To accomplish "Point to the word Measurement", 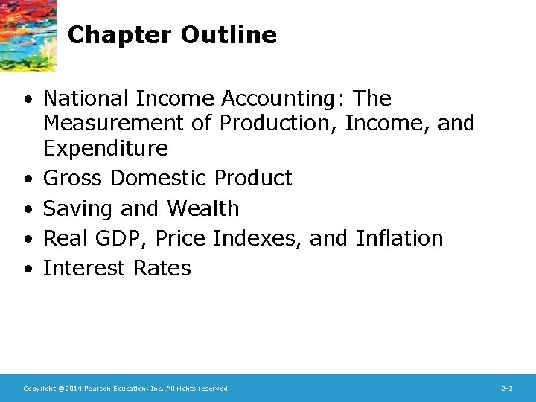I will pyautogui.click(x=118, y=123).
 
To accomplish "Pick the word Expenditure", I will pyautogui.click(x=106, y=148).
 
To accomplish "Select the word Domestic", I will pyautogui.click(x=159, y=179).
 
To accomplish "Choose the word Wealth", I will pyautogui.click(x=202, y=208).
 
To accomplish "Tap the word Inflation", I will pyautogui.click(x=399, y=238).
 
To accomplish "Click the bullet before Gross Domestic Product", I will pyautogui.click(x=27, y=179).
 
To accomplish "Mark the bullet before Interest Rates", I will pyautogui.click(x=27, y=269).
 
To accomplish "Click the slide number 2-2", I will pyautogui.click(x=506, y=389).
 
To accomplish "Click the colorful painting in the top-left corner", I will pyautogui.click(x=28, y=33).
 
